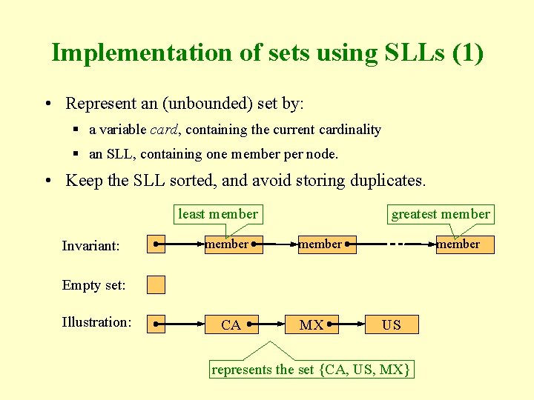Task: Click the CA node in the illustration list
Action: (x=232, y=324)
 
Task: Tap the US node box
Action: (x=392, y=324)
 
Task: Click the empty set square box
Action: (x=156, y=284)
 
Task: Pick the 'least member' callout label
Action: (x=218, y=214)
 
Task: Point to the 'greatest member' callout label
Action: (x=441, y=214)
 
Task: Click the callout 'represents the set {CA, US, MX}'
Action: (x=311, y=369)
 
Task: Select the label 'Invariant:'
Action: (x=91, y=245)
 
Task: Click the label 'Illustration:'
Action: (x=96, y=321)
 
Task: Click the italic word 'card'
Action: (x=164, y=130)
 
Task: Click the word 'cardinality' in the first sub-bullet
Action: (x=349, y=130)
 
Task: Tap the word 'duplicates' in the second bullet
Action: (x=386, y=180)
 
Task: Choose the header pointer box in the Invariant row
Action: (x=156, y=244)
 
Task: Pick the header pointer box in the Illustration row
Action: (x=156, y=324)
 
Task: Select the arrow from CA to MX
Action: (x=270, y=324)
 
